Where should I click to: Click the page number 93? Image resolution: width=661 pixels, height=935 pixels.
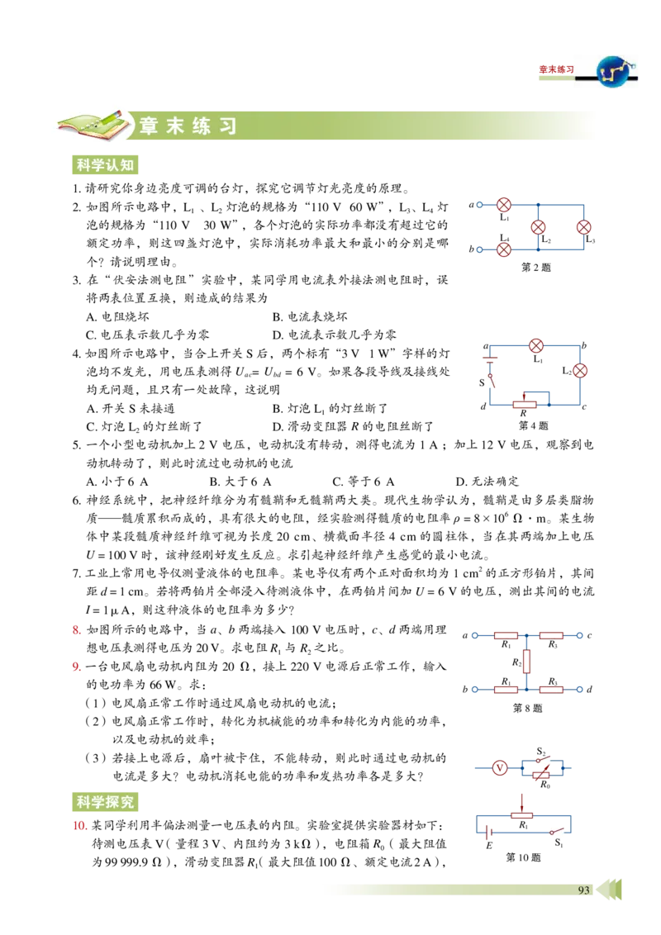[x=583, y=890]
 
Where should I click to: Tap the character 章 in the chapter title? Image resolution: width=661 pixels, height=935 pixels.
[x=150, y=126]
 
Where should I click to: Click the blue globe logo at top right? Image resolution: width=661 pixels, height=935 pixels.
[x=612, y=73]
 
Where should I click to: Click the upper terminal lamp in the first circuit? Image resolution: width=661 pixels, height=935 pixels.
[x=503, y=205]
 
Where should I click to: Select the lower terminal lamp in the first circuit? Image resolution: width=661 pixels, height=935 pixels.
[x=503, y=249]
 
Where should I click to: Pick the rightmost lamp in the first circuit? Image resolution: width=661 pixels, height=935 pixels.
[x=583, y=226]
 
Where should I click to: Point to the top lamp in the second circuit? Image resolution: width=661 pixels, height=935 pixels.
[x=536, y=345]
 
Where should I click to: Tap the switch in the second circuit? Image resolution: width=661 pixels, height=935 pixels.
[x=492, y=381]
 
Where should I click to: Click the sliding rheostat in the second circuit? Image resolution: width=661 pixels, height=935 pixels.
[x=525, y=403]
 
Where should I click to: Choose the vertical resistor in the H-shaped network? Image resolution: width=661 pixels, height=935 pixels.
[x=526, y=661]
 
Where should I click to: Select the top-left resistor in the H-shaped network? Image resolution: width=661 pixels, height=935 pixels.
[x=506, y=635]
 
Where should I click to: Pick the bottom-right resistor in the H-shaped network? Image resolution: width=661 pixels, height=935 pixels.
[x=551, y=689]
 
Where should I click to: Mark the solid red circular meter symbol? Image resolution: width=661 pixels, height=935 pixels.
[x=499, y=768]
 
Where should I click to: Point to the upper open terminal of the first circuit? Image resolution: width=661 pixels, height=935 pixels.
[x=479, y=205]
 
